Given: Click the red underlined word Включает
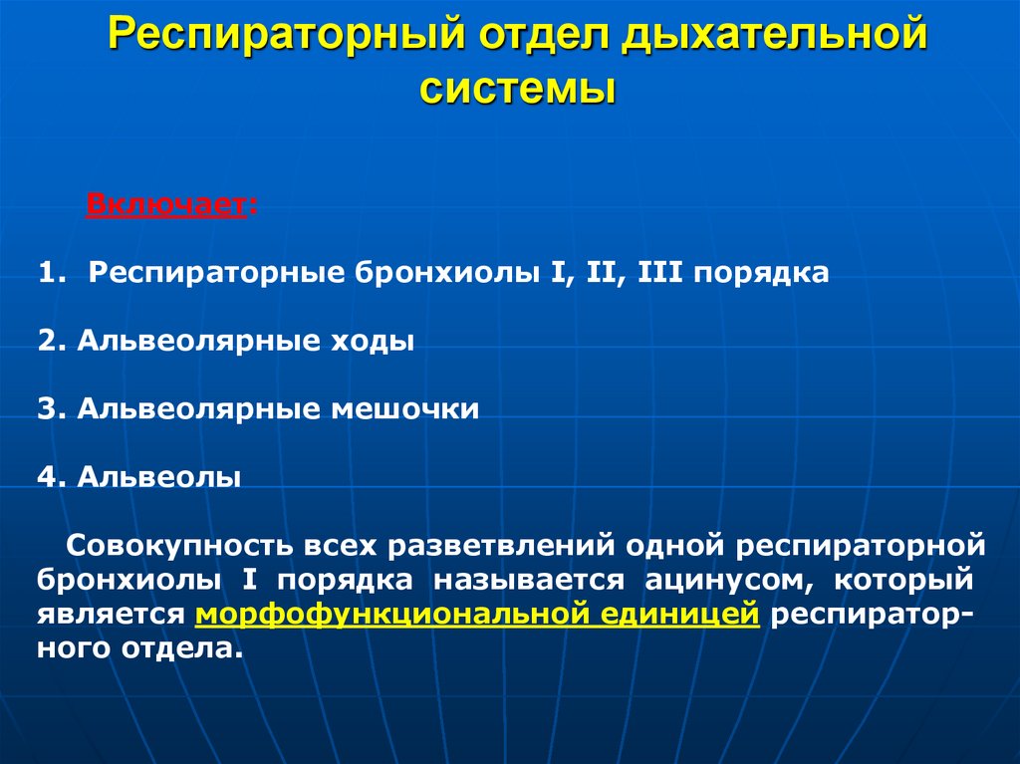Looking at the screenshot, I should pos(165,205).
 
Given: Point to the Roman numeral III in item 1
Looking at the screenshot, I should pos(659,273).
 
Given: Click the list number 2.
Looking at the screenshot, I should pos(47,342).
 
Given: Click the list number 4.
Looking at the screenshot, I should pos(47,477).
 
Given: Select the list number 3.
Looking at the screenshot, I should pos(47,409).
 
